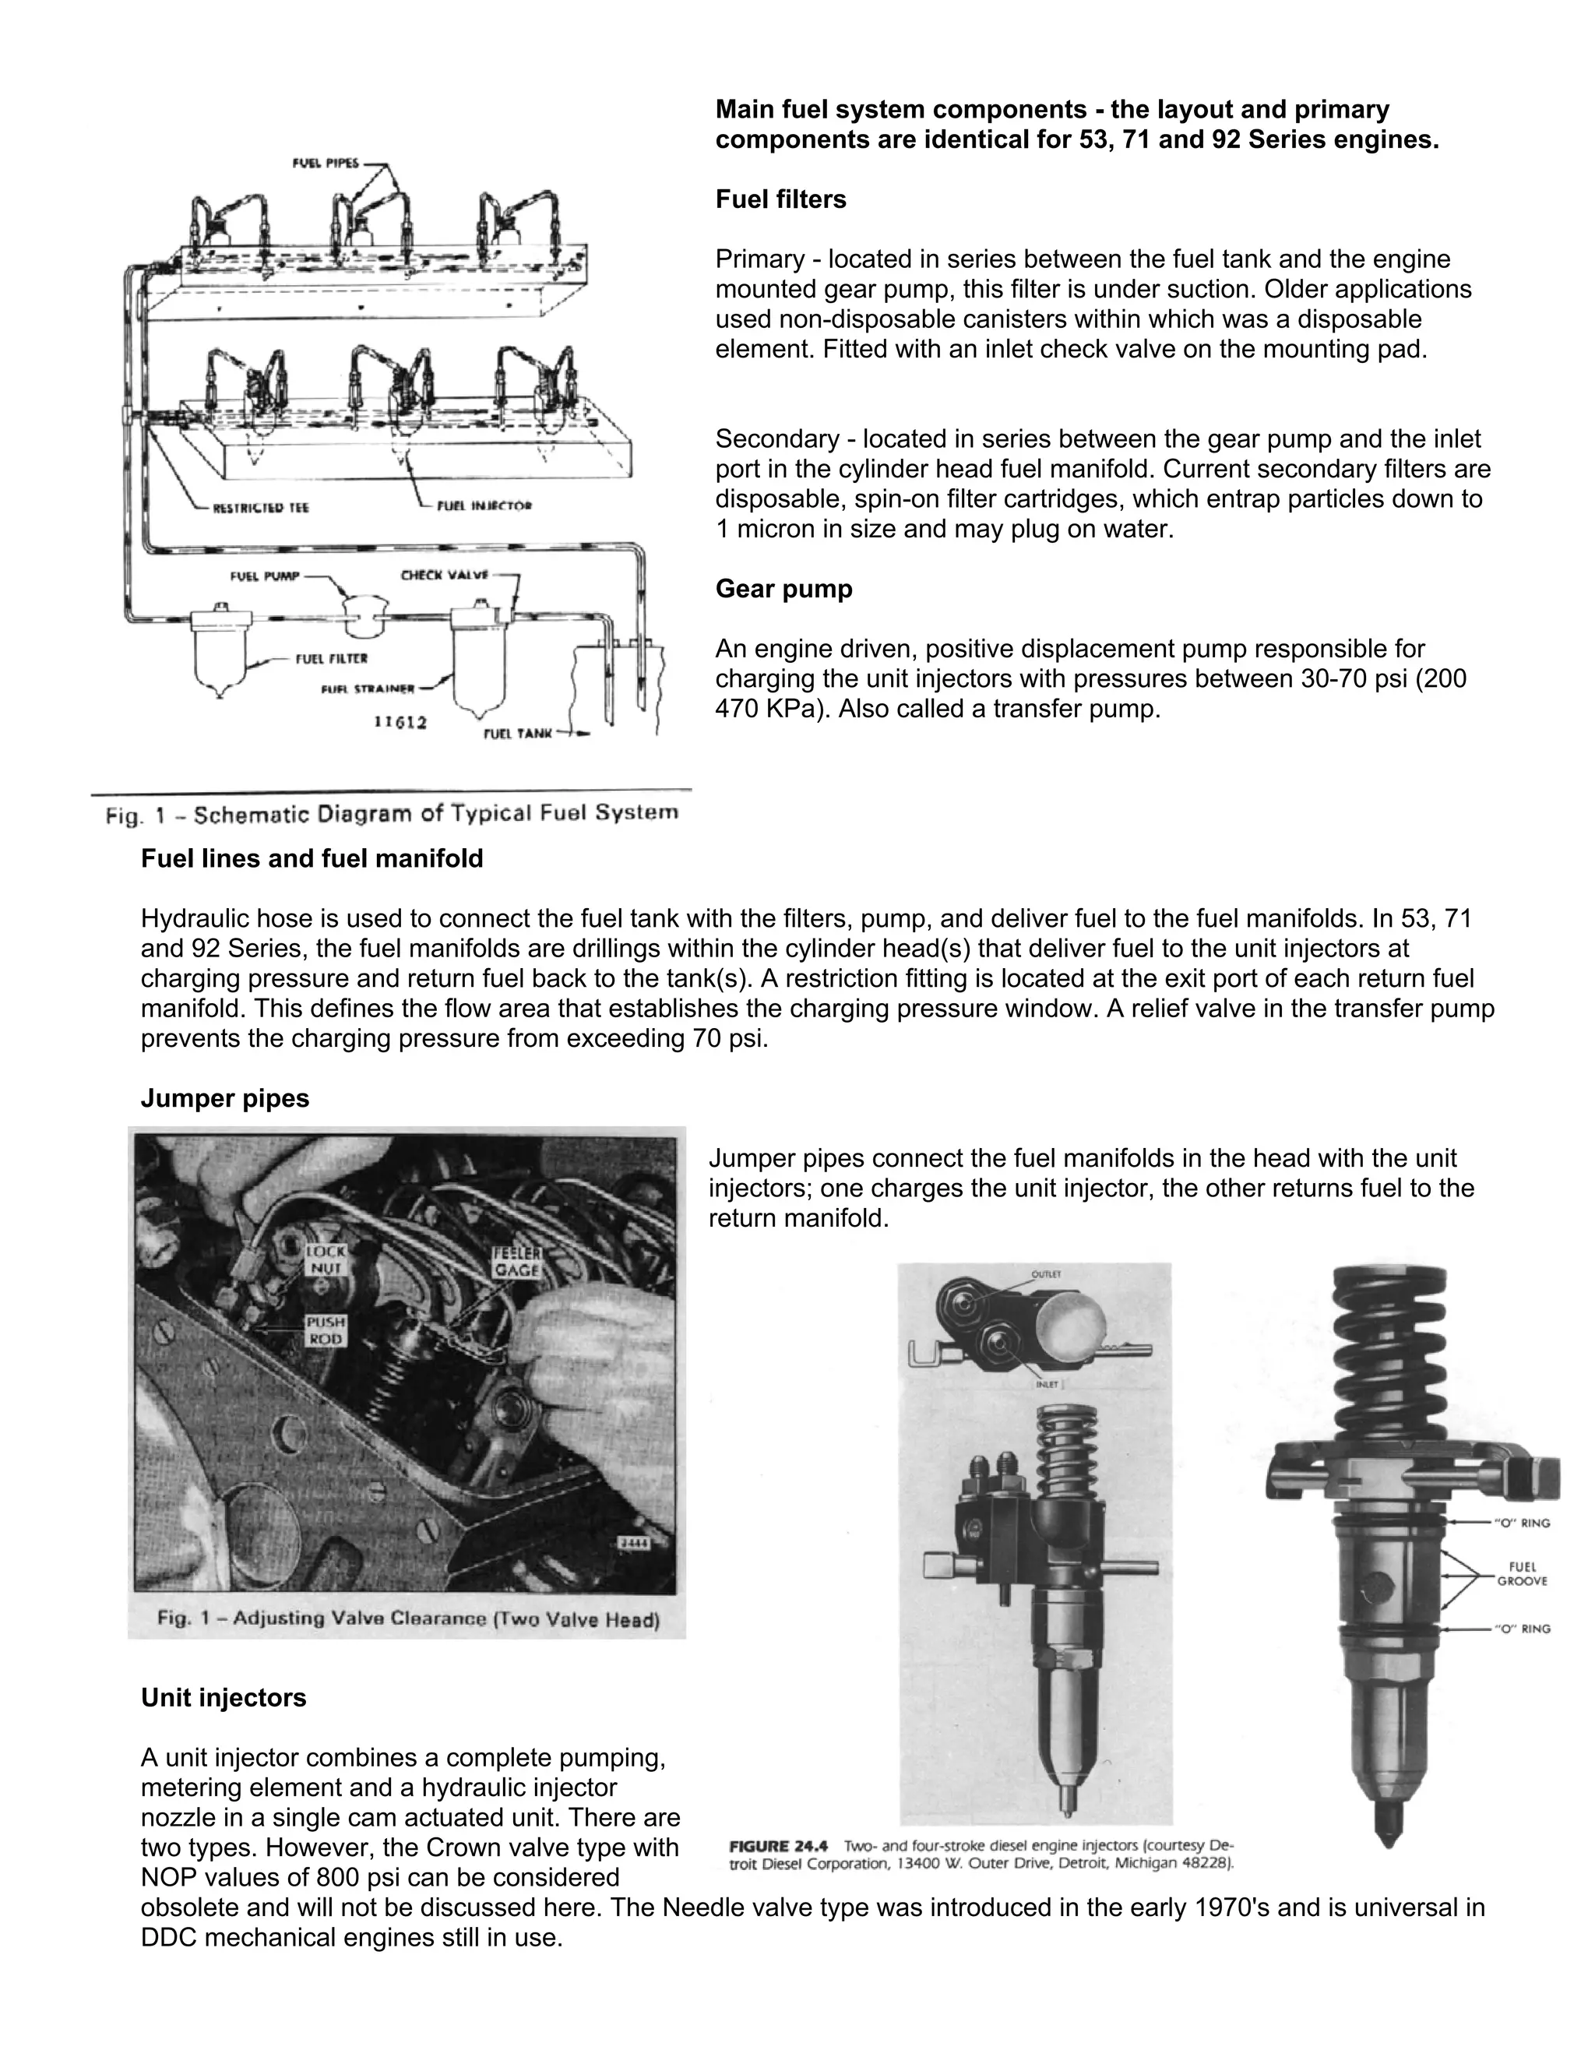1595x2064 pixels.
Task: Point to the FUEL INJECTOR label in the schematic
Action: pyautogui.click(x=484, y=505)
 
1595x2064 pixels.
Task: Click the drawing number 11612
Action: pyautogui.click(x=400, y=722)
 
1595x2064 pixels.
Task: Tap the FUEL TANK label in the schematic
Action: pyautogui.click(x=517, y=732)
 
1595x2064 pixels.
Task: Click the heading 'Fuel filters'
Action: pyautogui.click(x=780, y=199)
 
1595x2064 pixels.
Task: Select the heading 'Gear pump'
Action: pyautogui.click(x=783, y=589)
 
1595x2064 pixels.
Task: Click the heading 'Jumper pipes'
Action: pyautogui.click(x=225, y=1098)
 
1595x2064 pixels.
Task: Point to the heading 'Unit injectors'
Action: pyautogui.click(x=223, y=1698)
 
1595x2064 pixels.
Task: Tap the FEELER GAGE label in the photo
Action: pyautogui.click(x=516, y=1262)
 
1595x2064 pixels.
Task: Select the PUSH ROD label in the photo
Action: pyautogui.click(x=325, y=1330)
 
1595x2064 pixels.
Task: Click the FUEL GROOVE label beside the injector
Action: pyautogui.click(x=1521, y=1573)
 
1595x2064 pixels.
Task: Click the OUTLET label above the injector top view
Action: pyautogui.click(x=1046, y=1274)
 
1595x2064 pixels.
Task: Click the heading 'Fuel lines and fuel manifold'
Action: pyautogui.click(x=312, y=858)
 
